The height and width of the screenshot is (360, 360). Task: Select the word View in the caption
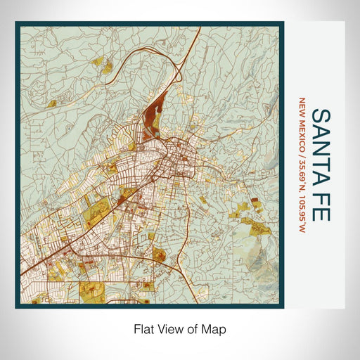(167, 328)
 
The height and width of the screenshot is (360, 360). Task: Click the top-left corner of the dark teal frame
(17, 23)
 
